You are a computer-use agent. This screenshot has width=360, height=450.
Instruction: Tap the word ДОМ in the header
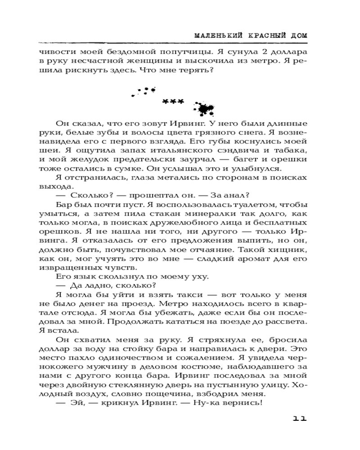point(297,35)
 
